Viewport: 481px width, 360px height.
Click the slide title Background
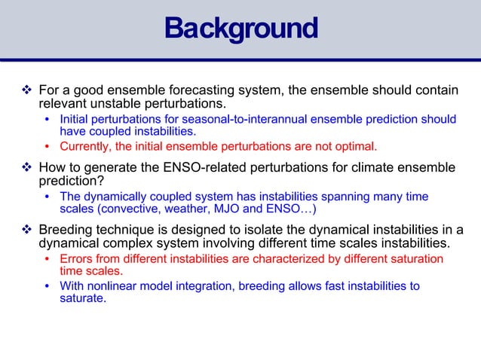240,29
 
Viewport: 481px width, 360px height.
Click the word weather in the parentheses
177,209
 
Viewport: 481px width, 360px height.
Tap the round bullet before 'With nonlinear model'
49,285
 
